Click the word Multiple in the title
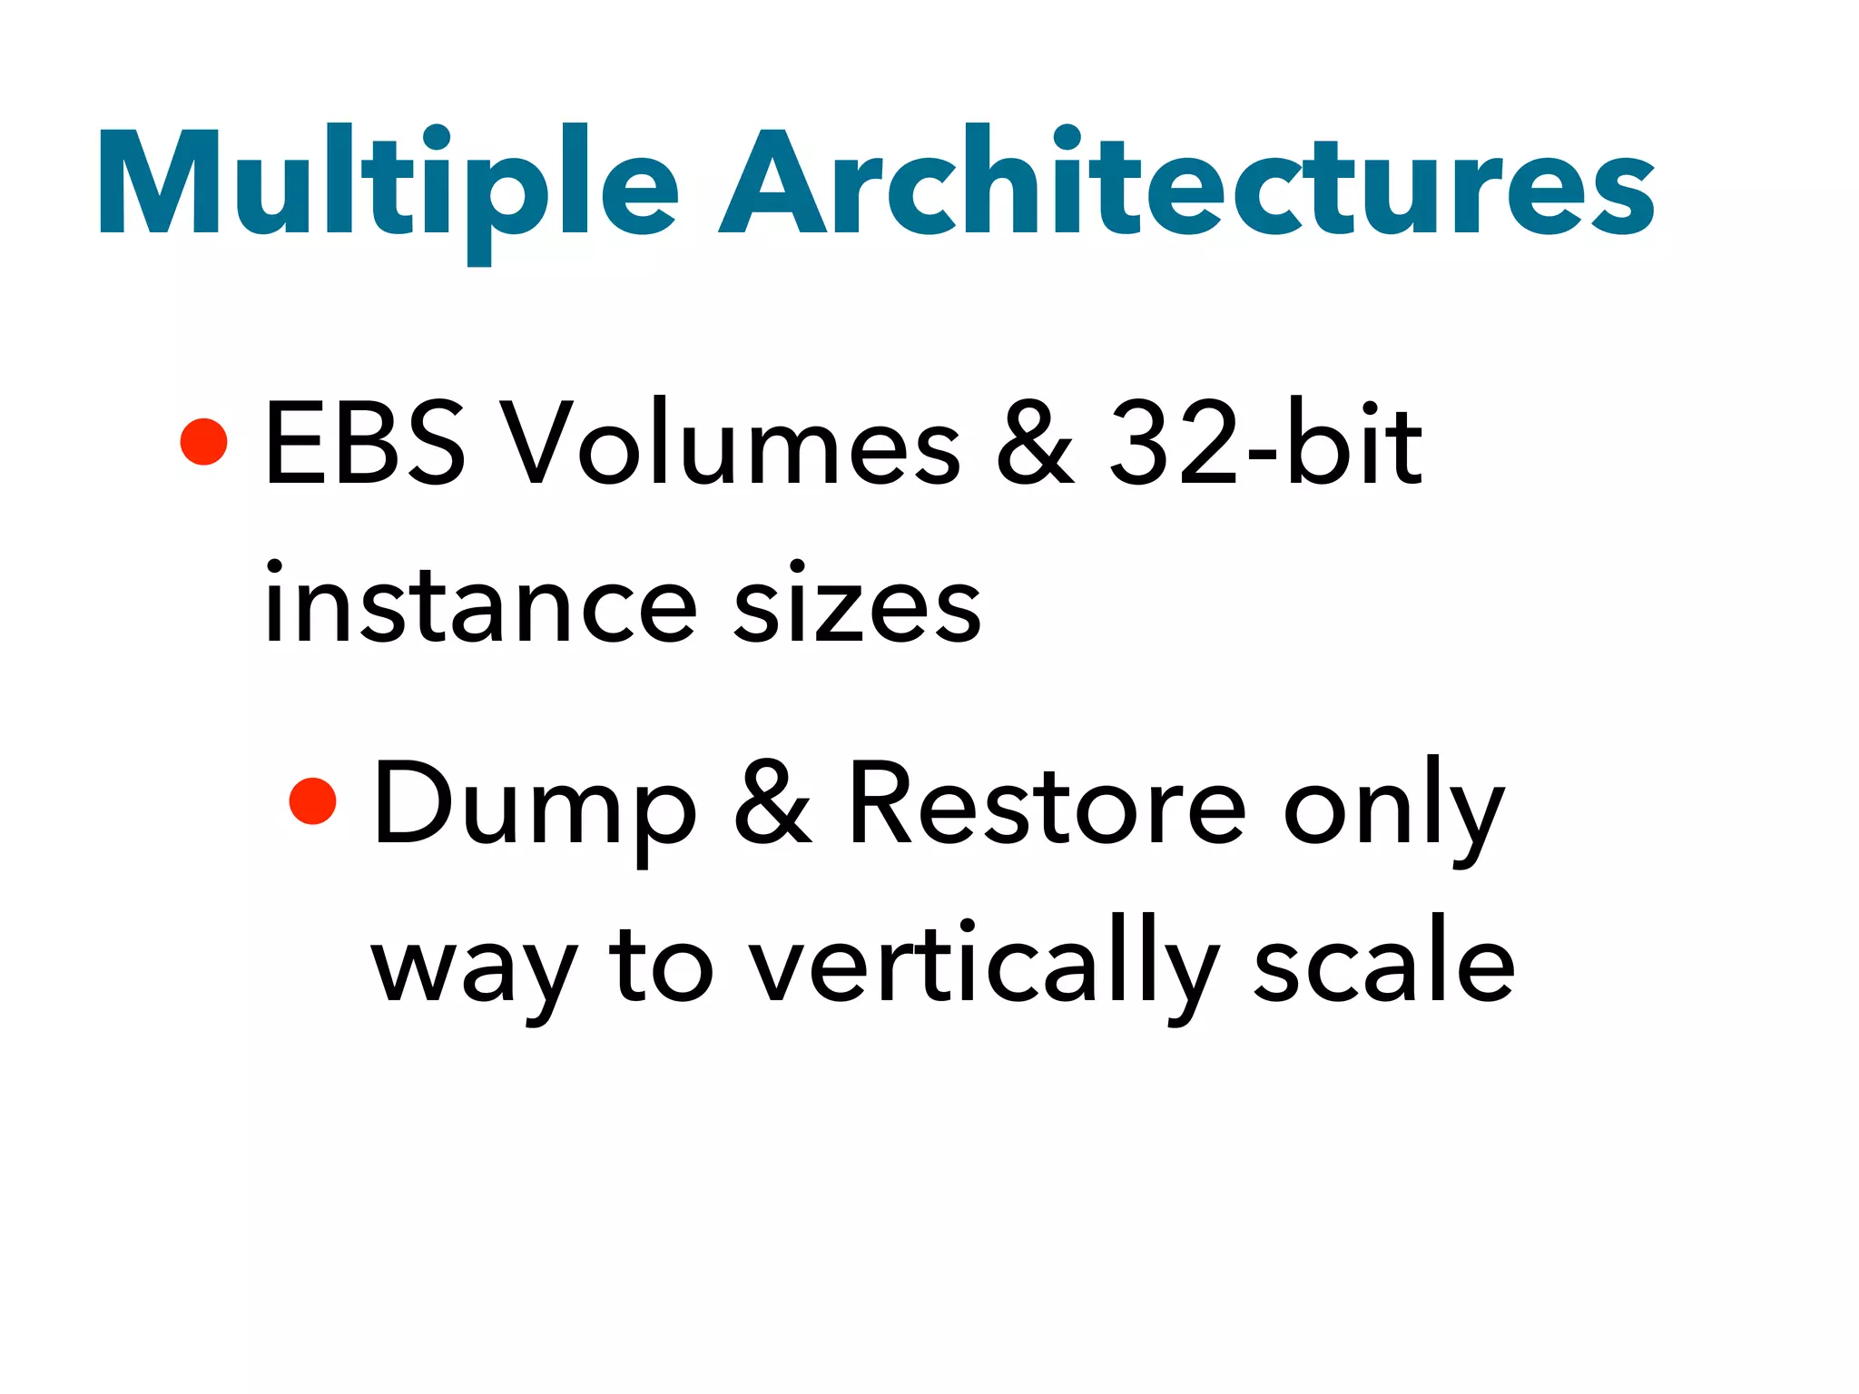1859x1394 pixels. click(x=389, y=186)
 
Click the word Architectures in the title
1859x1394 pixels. click(x=1186, y=186)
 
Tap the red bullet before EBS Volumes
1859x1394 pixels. click(x=203, y=442)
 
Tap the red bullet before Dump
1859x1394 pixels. click(x=312, y=801)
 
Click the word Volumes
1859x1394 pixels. click(x=732, y=444)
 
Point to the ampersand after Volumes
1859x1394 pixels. click(x=1035, y=444)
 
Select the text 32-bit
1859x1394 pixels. click(x=1265, y=444)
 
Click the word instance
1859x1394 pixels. click(x=481, y=604)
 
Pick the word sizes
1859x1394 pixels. click(x=857, y=604)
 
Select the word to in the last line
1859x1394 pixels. click(x=662, y=967)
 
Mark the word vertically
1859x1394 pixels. click(x=985, y=967)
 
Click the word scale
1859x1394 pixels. click(x=1383, y=967)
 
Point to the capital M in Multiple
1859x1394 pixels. click(x=160, y=182)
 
